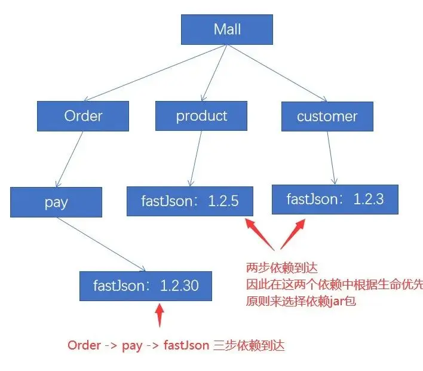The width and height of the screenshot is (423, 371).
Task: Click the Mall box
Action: coord(226,29)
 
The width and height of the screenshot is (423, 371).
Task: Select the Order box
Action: coord(83,116)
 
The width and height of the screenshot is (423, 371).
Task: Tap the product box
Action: coord(201,116)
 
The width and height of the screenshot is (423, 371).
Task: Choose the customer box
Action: coord(327,116)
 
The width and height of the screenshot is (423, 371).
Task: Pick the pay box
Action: coord(56,202)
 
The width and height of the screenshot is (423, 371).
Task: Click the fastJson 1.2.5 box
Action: coord(189,201)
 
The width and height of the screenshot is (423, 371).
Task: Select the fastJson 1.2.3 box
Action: coord(335,199)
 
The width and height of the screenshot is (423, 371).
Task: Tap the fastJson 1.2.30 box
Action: coord(146,286)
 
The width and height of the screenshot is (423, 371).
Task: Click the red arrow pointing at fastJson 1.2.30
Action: coord(159,315)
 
